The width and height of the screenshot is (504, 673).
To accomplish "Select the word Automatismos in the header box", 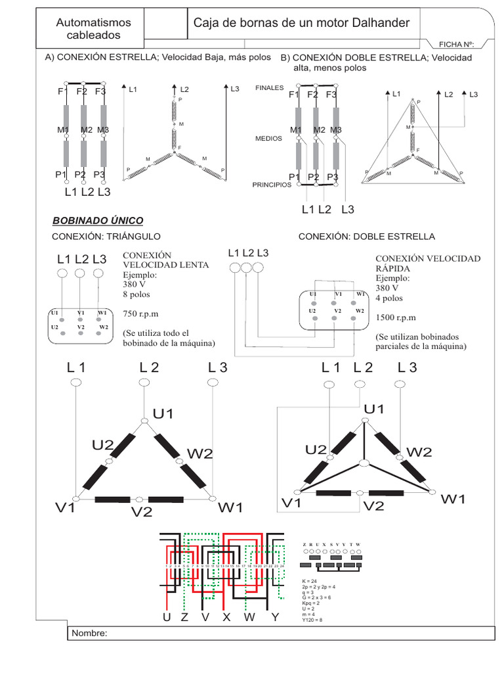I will (x=93, y=22).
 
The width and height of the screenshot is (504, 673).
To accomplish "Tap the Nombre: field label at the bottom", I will (x=87, y=634).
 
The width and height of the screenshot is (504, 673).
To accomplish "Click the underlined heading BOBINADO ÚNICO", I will (x=97, y=221).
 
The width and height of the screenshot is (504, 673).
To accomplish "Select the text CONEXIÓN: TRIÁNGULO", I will (x=106, y=237).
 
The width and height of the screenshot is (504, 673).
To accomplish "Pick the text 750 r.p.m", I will (x=142, y=313).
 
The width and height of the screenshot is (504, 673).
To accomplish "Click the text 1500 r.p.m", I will (x=396, y=317).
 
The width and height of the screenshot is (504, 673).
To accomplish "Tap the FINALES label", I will (x=269, y=87).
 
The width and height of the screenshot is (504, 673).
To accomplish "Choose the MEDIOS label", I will (x=268, y=139).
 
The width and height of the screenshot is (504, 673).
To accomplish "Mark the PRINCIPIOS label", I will (x=272, y=185).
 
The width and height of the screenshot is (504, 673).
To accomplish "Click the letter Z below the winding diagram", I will (x=184, y=618).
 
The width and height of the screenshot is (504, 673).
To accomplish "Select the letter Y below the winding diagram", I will (x=275, y=618).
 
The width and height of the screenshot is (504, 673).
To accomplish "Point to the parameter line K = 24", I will (x=310, y=582).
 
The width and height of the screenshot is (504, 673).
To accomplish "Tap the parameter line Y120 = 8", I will (x=312, y=620).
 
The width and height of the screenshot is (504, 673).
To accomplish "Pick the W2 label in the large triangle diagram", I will (x=199, y=453).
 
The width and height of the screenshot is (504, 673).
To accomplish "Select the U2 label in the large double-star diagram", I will (x=316, y=450).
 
